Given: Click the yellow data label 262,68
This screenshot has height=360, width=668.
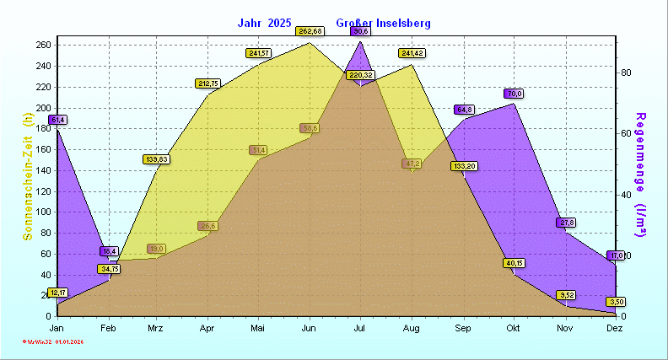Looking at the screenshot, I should click(x=310, y=31).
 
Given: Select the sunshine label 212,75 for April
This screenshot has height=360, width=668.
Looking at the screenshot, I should click(x=207, y=83).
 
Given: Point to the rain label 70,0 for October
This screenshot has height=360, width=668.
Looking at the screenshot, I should click(x=514, y=94).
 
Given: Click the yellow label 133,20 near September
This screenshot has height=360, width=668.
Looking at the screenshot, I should click(x=464, y=166).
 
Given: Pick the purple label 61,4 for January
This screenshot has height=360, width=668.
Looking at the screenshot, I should click(x=57, y=120).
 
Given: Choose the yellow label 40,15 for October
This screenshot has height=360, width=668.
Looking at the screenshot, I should click(x=514, y=263).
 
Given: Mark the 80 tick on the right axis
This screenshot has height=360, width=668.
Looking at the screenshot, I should click(x=627, y=73).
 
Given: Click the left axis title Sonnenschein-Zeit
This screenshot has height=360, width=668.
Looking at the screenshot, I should click(x=28, y=177).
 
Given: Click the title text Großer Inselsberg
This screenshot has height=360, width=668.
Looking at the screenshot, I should click(x=383, y=23).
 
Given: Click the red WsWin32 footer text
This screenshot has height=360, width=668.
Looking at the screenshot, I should click(x=53, y=341).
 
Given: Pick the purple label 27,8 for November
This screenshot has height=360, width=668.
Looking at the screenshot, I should click(x=566, y=223).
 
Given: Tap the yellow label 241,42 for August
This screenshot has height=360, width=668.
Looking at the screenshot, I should click(x=412, y=53).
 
